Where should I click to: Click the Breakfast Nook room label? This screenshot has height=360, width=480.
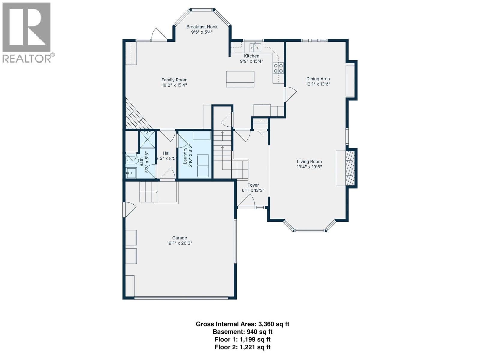pyautogui.click(x=202, y=27)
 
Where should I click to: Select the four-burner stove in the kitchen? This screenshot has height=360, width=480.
pyautogui.click(x=278, y=68)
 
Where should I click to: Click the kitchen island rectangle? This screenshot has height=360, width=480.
pyautogui.click(x=240, y=79)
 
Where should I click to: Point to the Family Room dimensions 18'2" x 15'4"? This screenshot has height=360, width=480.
pyautogui.click(x=174, y=85)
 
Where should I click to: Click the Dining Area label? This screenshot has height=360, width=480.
pyautogui.click(x=318, y=79)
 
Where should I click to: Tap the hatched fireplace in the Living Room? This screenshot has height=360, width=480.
pyautogui.click(x=349, y=168)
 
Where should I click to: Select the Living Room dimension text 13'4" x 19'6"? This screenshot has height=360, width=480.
pyautogui.click(x=309, y=167)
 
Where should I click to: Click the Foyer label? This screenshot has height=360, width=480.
pyautogui.click(x=253, y=185)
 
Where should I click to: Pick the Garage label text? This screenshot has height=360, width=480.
pyautogui.click(x=179, y=238)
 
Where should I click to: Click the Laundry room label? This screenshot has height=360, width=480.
pyautogui.click(x=185, y=154)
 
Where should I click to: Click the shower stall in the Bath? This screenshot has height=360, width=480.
pyautogui.click(x=147, y=139)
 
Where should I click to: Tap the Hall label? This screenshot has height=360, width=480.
pyautogui.click(x=166, y=153)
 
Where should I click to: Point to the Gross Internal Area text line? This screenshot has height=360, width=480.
pyautogui.click(x=242, y=324)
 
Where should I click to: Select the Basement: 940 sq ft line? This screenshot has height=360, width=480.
pyautogui.click(x=242, y=332)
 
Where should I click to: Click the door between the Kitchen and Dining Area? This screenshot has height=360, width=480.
pyautogui.click(x=289, y=94)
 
